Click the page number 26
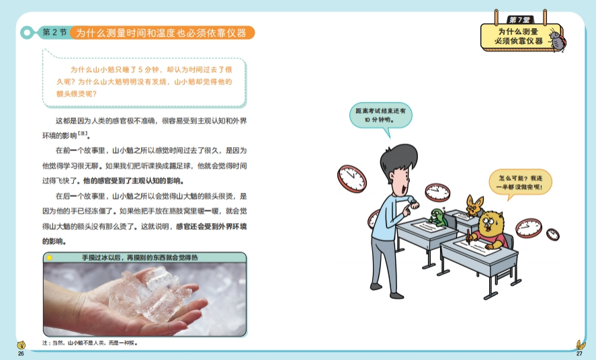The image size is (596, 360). (21, 353)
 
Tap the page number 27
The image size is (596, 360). (579, 353)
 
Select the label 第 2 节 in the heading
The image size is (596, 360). (54, 32)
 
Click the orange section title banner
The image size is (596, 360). (162, 33)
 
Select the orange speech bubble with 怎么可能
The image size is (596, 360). (520, 183)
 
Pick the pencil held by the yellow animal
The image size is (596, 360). (469, 236)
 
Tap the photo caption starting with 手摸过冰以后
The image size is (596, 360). (140, 257)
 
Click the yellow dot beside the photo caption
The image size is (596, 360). (49, 258)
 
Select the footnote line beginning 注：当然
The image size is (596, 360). (90, 343)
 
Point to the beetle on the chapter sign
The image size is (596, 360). (557, 39)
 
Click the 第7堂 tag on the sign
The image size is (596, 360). (520, 19)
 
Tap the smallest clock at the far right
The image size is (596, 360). (553, 234)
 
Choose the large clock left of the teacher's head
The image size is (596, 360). (352, 179)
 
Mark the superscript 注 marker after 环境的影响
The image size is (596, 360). (83, 134)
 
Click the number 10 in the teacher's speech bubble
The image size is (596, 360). (367, 120)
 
